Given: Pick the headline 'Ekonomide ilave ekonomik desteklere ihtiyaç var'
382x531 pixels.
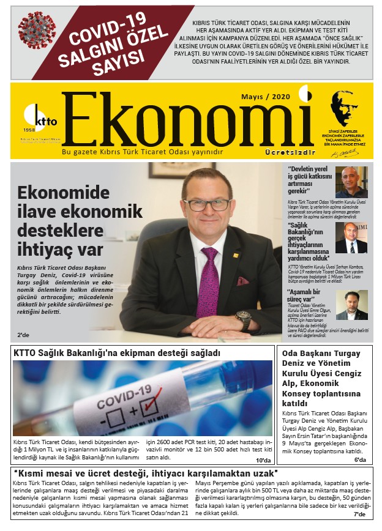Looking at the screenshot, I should (x=68, y=222).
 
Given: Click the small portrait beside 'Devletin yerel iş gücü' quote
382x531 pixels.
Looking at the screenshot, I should (x=351, y=182).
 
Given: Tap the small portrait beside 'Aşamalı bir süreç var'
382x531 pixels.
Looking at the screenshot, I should (x=351, y=305).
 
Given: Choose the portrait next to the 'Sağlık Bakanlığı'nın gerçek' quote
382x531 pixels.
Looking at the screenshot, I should (x=351, y=237).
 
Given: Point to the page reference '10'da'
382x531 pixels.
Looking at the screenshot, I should (x=264, y=460).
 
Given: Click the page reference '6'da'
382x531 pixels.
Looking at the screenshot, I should (x=360, y=460).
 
